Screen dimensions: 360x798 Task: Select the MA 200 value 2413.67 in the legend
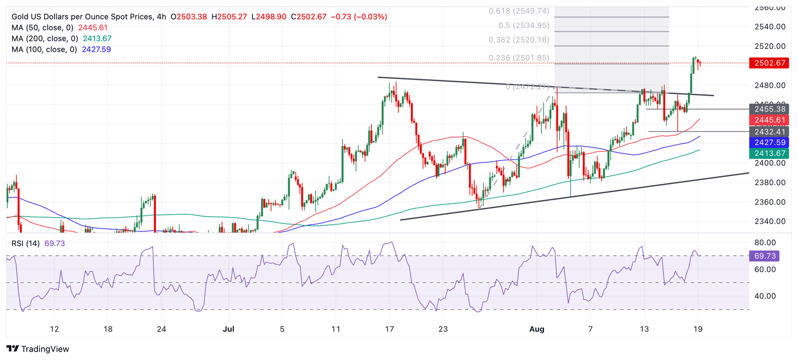[x=97, y=39]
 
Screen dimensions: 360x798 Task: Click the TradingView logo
[x=37, y=349]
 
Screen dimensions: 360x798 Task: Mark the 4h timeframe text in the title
[x=161, y=17]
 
